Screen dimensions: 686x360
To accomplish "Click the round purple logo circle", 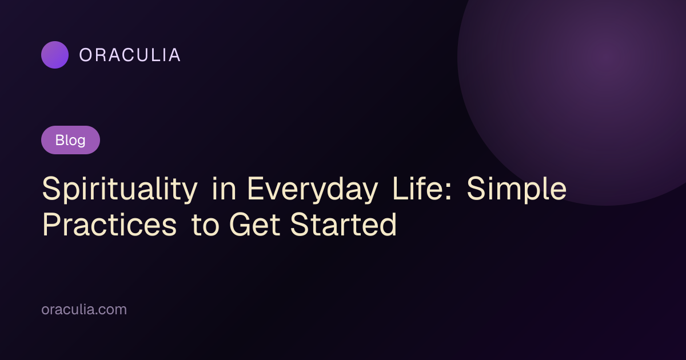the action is click(x=55, y=55).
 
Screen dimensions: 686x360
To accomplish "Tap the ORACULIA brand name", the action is click(x=130, y=55).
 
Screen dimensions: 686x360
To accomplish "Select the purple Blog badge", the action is click(x=70, y=140).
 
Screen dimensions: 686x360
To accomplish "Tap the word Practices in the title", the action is click(x=110, y=225).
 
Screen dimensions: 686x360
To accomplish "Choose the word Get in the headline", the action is click(x=254, y=225).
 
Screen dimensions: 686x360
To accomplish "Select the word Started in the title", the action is click(x=344, y=225).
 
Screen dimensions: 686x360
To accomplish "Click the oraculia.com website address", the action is click(x=84, y=309).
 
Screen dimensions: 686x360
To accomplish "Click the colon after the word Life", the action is click(x=449, y=192).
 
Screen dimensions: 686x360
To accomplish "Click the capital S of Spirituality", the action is click(x=51, y=188).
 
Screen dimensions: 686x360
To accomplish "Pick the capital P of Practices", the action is click(x=51, y=225).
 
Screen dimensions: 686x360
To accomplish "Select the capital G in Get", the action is click(x=241, y=225).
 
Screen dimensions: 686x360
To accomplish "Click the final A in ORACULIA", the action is click(x=174, y=55).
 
